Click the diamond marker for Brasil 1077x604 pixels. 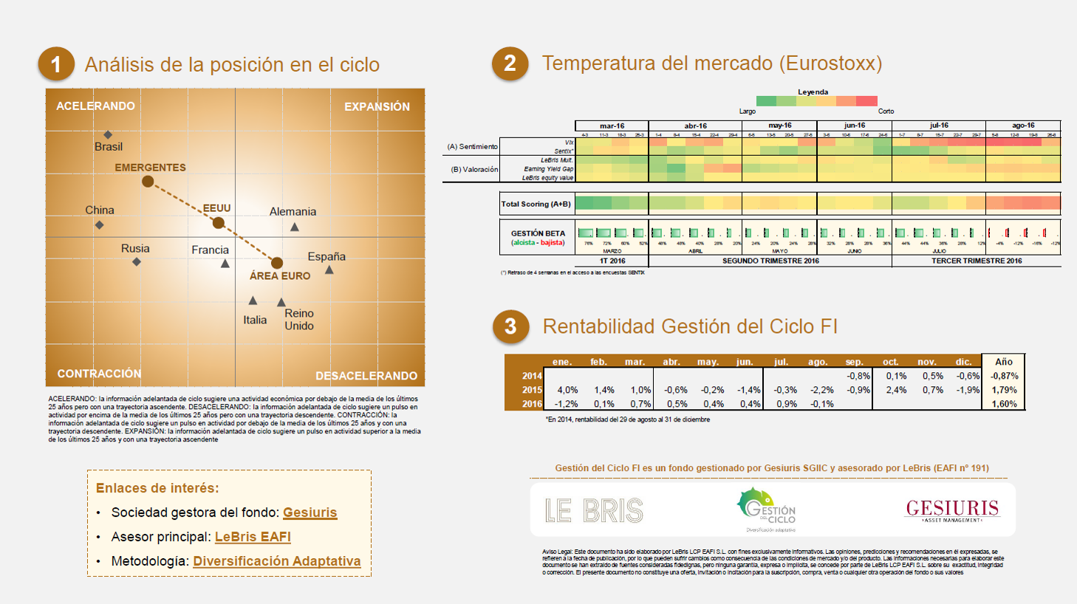(108, 134)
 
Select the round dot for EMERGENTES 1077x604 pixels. (148, 181)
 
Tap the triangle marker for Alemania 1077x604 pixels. (295, 227)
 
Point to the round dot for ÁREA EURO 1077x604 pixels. (277, 263)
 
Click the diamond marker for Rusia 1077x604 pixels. (137, 261)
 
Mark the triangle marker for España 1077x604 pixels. (329, 270)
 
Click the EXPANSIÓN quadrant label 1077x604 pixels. (377, 106)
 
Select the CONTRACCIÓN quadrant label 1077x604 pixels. (99, 374)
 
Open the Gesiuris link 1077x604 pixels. (310, 512)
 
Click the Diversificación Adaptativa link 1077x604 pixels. (277, 561)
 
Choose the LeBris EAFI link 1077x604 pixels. (253, 537)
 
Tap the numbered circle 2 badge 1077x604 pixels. (510, 64)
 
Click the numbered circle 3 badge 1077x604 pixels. (510, 326)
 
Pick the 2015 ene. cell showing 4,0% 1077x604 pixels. (567, 390)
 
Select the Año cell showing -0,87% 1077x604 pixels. (1004, 376)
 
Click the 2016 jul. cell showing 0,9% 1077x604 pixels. (785, 404)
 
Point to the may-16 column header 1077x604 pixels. (779, 126)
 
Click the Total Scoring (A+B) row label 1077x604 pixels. (536, 204)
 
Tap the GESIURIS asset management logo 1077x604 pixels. (952, 509)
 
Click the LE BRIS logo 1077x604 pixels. (594, 510)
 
